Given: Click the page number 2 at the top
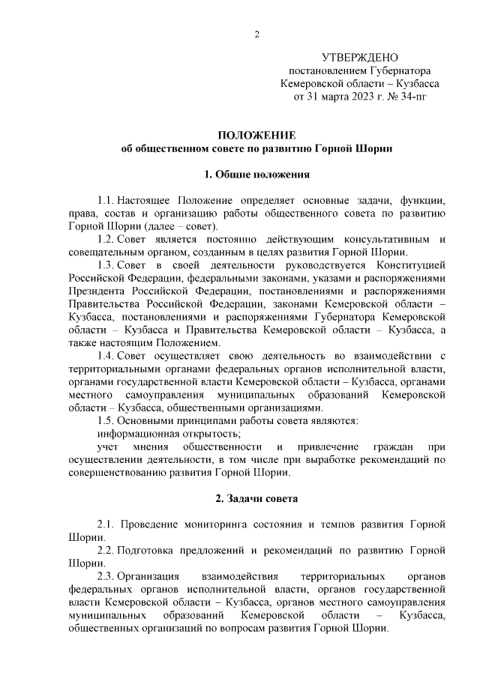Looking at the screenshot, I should coord(256,34).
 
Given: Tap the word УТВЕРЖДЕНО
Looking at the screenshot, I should coord(359,58).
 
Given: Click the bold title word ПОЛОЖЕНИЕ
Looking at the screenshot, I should coord(256,135).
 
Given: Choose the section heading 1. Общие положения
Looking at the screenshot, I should coord(256,175).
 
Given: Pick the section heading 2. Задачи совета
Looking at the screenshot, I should coord(256,497).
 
